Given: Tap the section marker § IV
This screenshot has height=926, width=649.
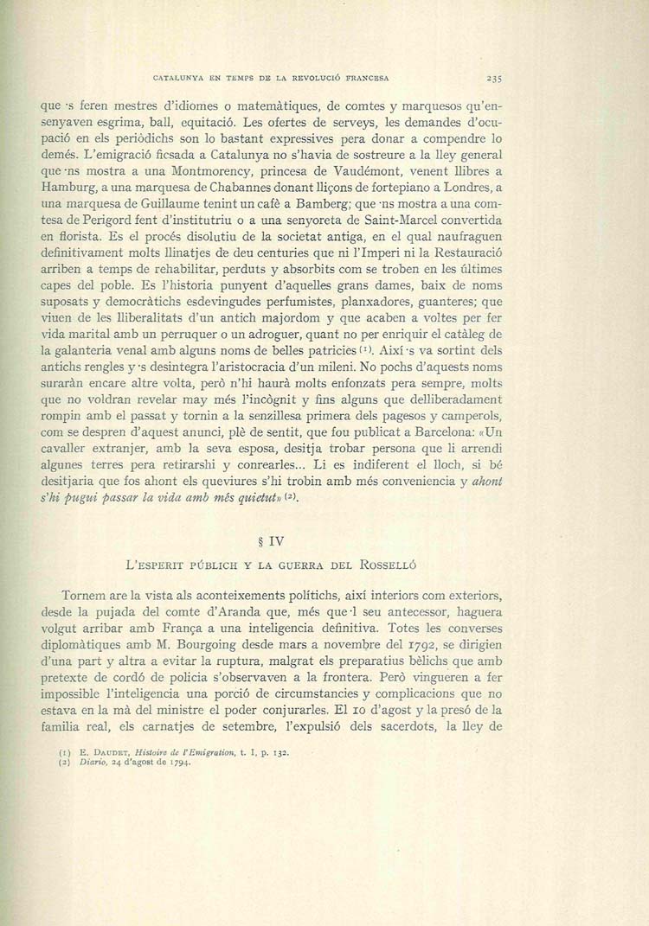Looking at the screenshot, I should pyautogui.click(x=272, y=543).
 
